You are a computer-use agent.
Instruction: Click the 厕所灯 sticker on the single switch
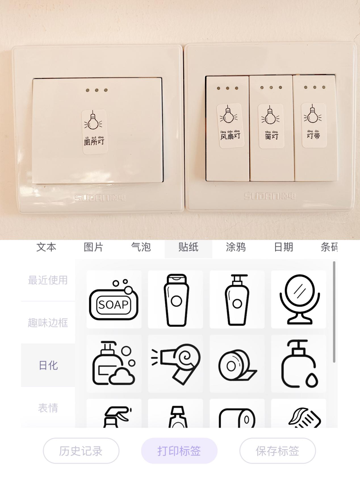[x=94, y=132]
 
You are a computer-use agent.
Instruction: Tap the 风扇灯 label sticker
[x=230, y=126]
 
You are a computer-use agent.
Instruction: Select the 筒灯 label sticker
[x=271, y=126]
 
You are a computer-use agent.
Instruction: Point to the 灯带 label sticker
[x=313, y=125]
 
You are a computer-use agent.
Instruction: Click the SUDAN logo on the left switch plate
[x=100, y=198]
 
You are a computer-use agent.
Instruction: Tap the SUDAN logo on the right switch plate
[x=269, y=196]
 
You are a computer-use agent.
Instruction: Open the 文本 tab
[x=46, y=247]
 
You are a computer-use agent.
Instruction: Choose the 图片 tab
[x=93, y=247]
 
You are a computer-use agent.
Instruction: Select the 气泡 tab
[x=141, y=247]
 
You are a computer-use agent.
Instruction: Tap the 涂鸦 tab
[x=236, y=247]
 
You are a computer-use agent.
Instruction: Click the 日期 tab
[x=283, y=247]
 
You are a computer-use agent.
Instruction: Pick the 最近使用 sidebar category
[x=48, y=280]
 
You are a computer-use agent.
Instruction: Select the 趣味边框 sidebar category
[x=48, y=323]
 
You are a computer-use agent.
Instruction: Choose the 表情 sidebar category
[x=48, y=408]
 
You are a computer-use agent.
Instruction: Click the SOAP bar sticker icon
[x=114, y=300]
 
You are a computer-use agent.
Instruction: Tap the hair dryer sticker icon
[x=175, y=364]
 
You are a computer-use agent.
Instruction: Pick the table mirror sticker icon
[x=299, y=299]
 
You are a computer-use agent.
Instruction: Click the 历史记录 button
[x=81, y=451]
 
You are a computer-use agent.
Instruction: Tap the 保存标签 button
[x=277, y=451]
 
